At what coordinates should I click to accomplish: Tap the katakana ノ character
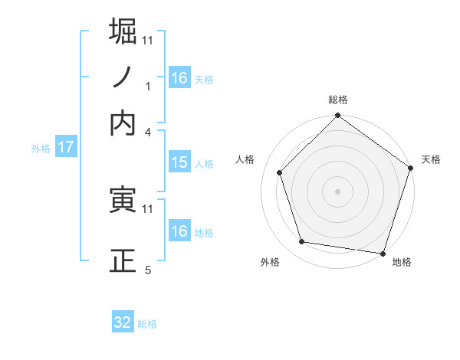point(123,77)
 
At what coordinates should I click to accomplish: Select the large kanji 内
point(123,123)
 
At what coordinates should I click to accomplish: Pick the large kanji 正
point(123,260)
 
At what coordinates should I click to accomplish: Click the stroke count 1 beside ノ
point(148,87)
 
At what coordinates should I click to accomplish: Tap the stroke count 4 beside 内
point(148,132)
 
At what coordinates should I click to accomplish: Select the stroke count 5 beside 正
point(148,270)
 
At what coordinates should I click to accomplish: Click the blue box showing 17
point(65,148)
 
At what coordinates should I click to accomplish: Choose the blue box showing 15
point(179,162)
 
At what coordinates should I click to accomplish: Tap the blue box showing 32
point(123,322)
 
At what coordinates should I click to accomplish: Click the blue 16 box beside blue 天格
point(179,78)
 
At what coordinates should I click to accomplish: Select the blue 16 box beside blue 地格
point(179,231)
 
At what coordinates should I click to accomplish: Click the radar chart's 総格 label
point(338,100)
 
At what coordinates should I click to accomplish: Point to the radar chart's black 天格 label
point(431,159)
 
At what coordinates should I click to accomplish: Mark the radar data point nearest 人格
point(280,172)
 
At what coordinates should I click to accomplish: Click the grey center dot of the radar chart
point(338,191)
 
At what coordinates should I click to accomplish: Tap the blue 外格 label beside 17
point(41,149)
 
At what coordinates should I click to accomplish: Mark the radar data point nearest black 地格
point(383,252)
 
